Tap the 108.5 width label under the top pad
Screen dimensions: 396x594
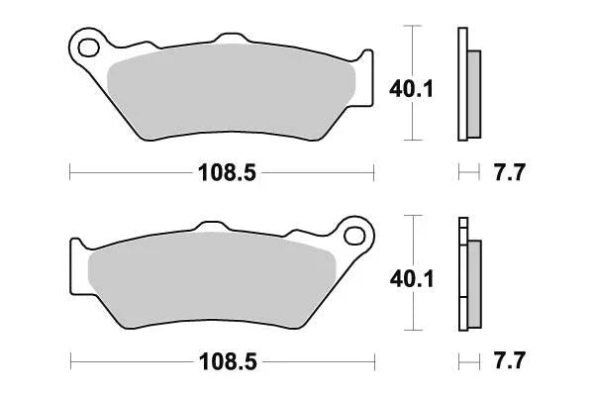223,174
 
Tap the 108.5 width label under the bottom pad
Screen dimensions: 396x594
223,362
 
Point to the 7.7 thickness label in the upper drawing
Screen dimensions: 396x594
508,174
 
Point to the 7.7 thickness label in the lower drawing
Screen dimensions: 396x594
508,362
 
